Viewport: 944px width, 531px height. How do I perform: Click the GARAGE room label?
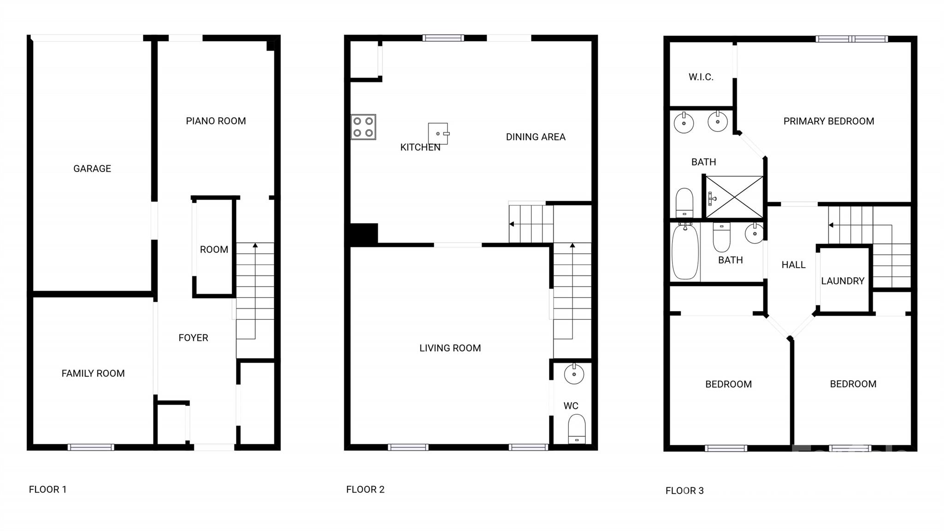92,169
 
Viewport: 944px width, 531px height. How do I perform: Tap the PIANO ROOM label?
216,121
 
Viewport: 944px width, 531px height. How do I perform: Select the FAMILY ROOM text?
93,373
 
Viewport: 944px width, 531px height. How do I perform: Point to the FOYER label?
193,338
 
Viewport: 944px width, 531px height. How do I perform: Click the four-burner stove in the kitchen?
363,127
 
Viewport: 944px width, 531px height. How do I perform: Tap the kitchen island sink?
438,134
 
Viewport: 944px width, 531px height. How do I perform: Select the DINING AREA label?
536,137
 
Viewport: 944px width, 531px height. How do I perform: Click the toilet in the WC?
577,429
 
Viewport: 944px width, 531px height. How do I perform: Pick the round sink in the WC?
574,374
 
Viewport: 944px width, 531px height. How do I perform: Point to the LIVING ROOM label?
450,348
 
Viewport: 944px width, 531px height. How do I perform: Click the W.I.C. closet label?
701,78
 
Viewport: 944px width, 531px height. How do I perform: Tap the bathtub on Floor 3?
685,251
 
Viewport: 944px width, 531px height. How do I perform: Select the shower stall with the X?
734,197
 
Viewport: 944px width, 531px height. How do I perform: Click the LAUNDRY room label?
843,281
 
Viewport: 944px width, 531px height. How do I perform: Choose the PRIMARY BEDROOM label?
829,121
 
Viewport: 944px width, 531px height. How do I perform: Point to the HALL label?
793,265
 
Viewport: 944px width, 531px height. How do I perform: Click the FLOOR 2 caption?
365,489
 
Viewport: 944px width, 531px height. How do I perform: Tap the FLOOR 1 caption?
47,489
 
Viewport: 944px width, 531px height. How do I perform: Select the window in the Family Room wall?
91,447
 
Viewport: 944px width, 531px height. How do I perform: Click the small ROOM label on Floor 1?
214,250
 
